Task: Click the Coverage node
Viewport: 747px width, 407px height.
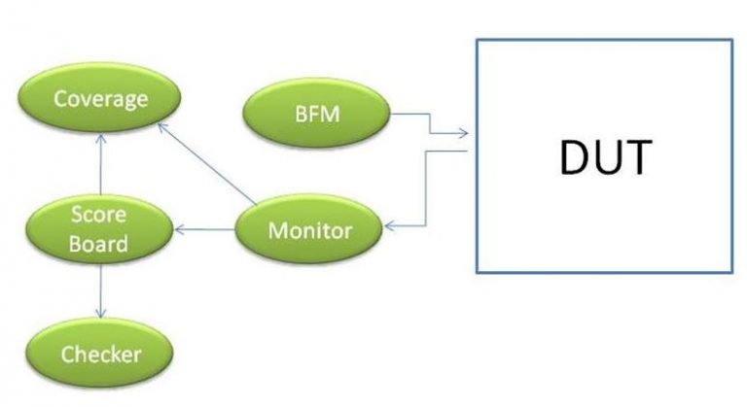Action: pyautogui.click(x=101, y=99)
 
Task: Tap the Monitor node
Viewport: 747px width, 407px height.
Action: pyautogui.click(x=309, y=231)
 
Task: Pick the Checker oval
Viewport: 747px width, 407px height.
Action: pyautogui.click(x=100, y=354)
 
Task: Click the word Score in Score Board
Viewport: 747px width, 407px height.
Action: pyautogui.click(x=101, y=215)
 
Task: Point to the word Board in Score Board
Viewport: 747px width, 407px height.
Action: pyautogui.click(x=101, y=243)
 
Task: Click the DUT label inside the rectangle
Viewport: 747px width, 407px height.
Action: pyautogui.click(x=604, y=156)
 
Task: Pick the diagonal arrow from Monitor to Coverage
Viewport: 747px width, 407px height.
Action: pyautogui.click(x=208, y=164)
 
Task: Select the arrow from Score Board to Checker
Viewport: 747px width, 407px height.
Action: pyautogui.click(x=100, y=292)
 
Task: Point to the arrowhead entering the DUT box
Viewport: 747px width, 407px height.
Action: pyautogui.click(x=465, y=134)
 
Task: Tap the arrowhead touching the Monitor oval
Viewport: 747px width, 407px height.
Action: pyautogui.click(x=389, y=227)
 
